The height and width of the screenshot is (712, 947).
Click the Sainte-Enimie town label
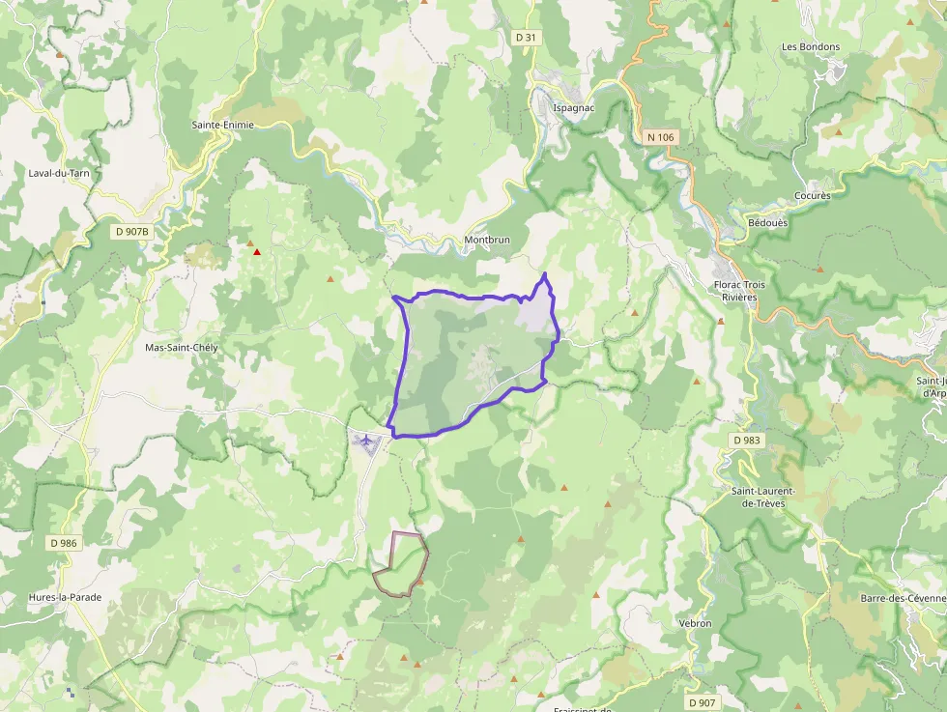pyautogui.click(x=223, y=126)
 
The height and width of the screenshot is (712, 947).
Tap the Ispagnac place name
pyautogui.click(x=573, y=107)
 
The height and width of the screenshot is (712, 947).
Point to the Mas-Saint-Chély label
pyautogui.click(x=182, y=348)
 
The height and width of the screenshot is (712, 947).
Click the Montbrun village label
pyautogui.click(x=487, y=240)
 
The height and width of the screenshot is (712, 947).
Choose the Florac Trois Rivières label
pyautogui.click(x=740, y=291)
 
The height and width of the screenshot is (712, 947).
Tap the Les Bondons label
pyautogui.click(x=811, y=46)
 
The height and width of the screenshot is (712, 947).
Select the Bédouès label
pyautogui.click(x=768, y=222)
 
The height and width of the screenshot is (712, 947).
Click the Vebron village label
pyautogui.click(x=695, y=624)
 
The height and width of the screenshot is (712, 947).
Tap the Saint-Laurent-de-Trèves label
pyautogui.click(x=762, y=497)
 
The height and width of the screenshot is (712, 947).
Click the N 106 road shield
pyautogui.click(x=660, y=137)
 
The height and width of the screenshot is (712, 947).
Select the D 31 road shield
pyautogui.click(x=526, y=37)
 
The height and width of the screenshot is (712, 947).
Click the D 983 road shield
pyautogui.click(x=747, y=440)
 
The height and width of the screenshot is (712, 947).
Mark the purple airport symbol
pyautogui.click(x=367, y=441)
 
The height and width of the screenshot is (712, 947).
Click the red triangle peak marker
pyautogui.click(x=257, y=253)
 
